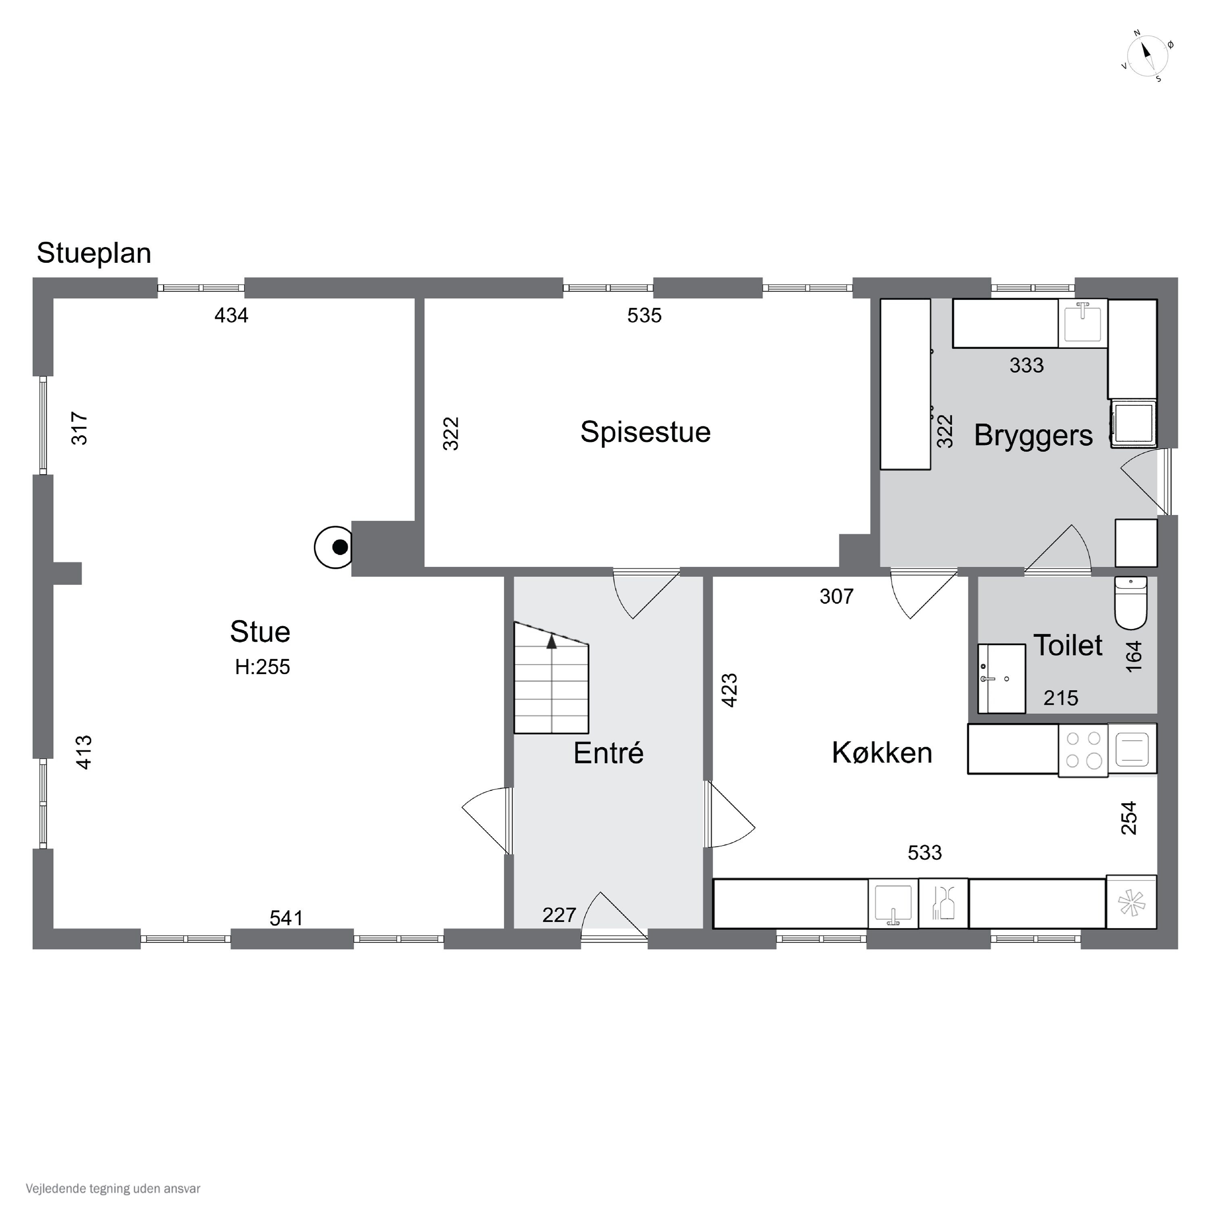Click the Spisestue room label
pos(645,432)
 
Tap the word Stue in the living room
pos(260,632)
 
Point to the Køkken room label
pos(882,753)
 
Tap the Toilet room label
pos(1067,645)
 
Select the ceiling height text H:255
pos(263,667)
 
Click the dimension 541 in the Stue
pos(287,918)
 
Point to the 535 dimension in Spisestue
pos(644,315)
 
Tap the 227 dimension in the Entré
pos(559,915)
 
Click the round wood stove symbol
pos(333,547)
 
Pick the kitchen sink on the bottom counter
pos(893,903)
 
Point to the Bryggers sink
pos(1083,323)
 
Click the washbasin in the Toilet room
pos(1001,678)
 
